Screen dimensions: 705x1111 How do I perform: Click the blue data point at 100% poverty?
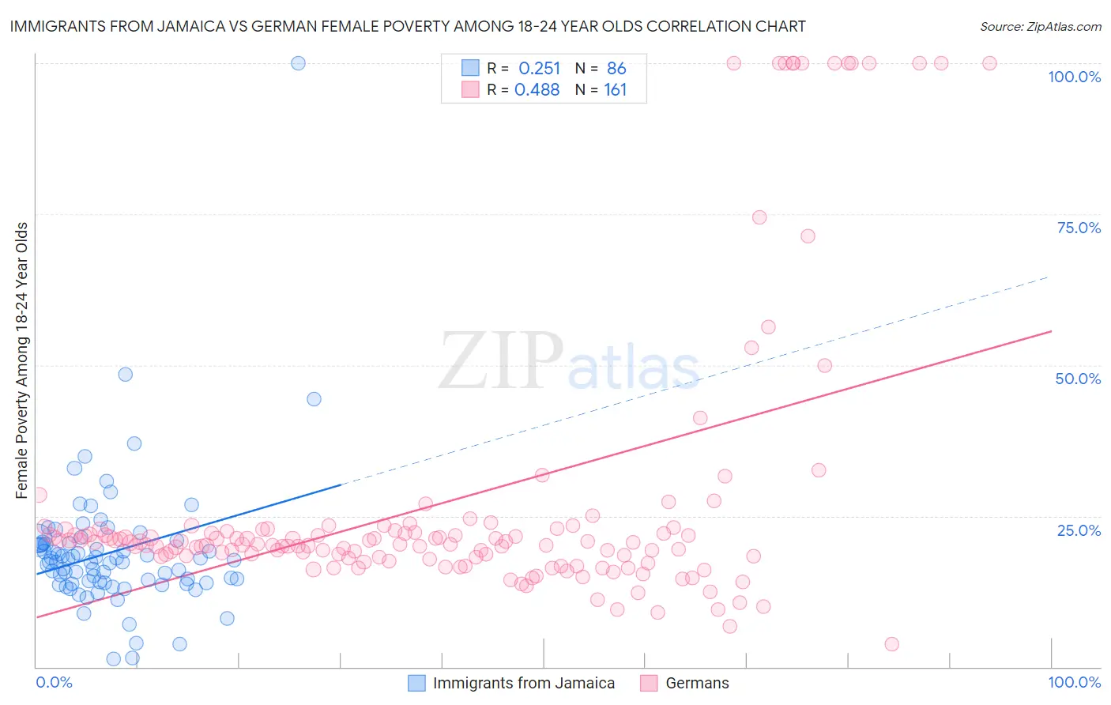click(x=298, y=63)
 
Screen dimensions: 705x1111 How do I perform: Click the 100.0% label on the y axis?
click(x=1074, y=77)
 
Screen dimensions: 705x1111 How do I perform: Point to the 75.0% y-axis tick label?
click(x=1079, y=228)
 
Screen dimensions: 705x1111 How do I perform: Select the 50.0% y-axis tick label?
click(x=1078, y=379)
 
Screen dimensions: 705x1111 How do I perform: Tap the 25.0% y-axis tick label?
click(x=1079, y=530)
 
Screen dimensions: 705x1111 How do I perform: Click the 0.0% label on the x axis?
click(x=54, y=682)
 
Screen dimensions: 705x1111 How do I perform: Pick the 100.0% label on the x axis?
click(x=1074, y=682)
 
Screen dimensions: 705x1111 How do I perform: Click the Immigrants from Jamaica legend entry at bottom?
click(x=523, y=683)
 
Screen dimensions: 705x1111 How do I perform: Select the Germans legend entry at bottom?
click(x=697, y=683)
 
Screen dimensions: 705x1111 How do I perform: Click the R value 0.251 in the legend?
click(x=539, y=69)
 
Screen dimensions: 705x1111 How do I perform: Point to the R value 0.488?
click(x=537, y=90)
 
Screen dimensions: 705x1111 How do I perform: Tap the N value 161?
click(x=615, y=90)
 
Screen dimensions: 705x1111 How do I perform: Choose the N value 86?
click(x=616, y=69)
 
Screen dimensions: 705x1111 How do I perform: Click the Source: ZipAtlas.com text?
click(x=1040, y=27)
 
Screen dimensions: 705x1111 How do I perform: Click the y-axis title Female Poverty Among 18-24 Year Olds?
click(x=22, y=360)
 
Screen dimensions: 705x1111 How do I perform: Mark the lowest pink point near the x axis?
click(x=891, y=644)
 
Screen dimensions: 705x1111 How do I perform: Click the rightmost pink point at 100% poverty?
click(x=989, y=63)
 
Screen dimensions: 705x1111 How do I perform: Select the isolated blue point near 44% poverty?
click(x=314, y=399)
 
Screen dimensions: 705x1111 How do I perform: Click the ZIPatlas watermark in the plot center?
click(x=569, y=362)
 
